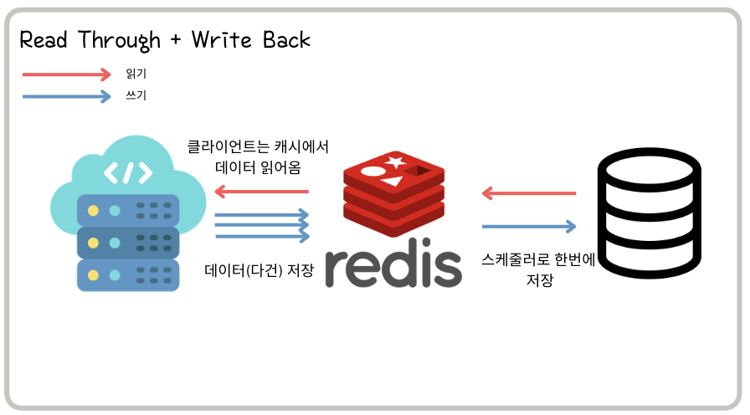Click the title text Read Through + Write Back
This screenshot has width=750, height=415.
click(x=165, y=39)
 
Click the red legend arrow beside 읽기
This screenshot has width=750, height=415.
click(x=67, y=74)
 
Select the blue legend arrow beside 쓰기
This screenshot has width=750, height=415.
click(x=67, y=96)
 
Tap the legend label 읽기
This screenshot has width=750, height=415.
click(x=136, y=74)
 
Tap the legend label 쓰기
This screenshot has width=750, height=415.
click(x=136, y=96)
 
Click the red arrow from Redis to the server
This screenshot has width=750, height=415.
click(x=261, y=192)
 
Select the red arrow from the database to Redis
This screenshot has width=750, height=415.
click(x=529, y=194)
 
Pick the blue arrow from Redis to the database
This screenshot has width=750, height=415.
click(x=529, y=226)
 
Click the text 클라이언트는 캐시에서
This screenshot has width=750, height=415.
click(x=258, y=146)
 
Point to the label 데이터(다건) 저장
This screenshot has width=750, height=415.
click(x=259, y=270)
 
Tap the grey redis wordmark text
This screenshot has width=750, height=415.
click(x=393, y=268)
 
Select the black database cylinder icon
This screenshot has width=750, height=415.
click(x=649, y=217)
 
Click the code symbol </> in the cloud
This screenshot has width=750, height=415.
click(x=128, y=172)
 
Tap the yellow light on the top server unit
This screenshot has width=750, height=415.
click(x=93, y=210)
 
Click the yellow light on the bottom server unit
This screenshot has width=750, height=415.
click(x=93, y=275)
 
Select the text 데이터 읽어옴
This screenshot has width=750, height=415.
click(x=258, y=167)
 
